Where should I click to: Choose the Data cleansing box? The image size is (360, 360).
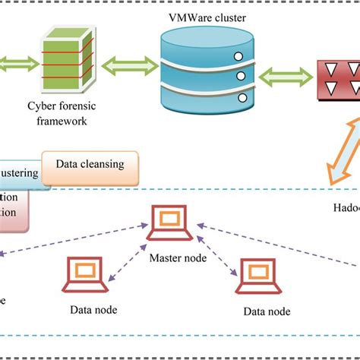pos(90,163)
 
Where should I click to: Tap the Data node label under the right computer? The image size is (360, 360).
pos(267,311)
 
